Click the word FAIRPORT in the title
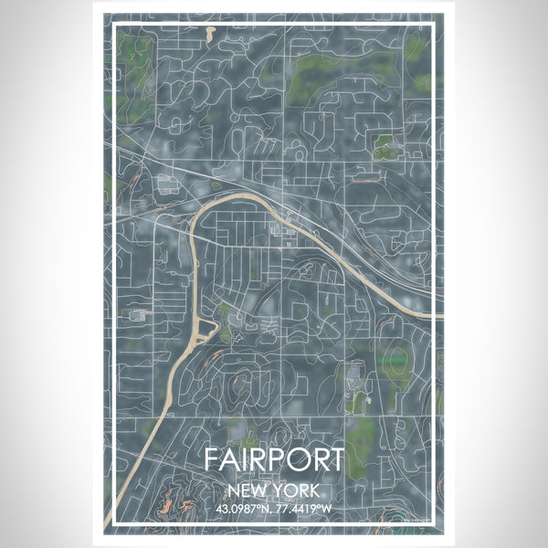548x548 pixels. [274, 458]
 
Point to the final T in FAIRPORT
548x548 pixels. [335, 458]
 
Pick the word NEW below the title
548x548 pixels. [251, 490]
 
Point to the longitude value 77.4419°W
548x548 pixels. [305, 509]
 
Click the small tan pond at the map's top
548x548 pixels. [211, 34]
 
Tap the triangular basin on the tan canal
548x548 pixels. [207, 327]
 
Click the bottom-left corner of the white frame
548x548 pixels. [111, 527]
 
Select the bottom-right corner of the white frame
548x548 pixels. [437, 527]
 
